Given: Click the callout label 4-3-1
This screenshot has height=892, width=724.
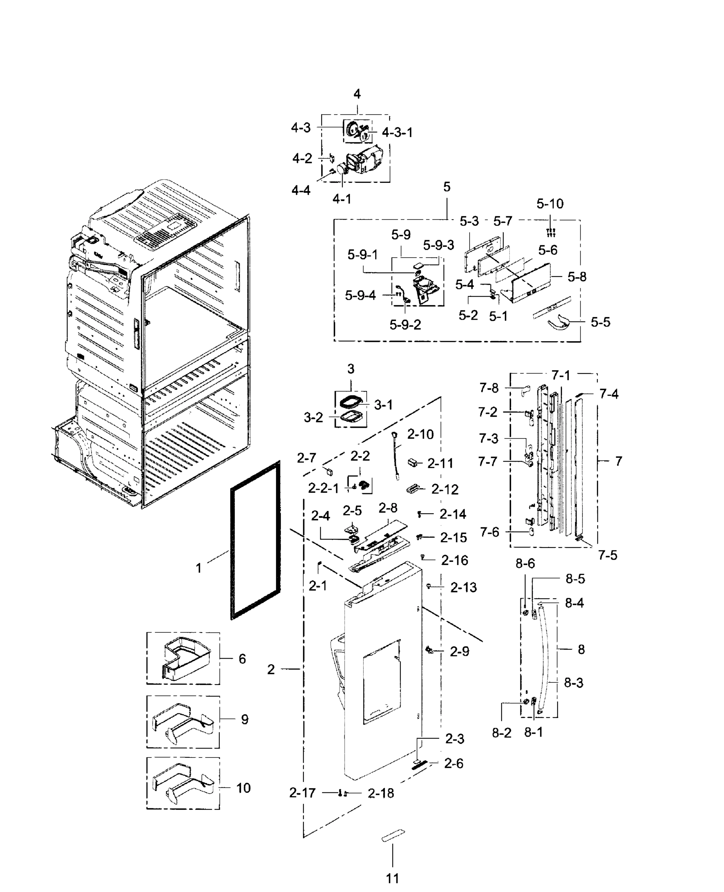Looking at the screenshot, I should [x=397, y=133].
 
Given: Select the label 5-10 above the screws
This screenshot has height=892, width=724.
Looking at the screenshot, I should [x=550, y=204].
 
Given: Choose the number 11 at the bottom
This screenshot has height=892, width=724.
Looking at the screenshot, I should [x=392, y=878].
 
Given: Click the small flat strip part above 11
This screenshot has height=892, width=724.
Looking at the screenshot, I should [x=393, y=836].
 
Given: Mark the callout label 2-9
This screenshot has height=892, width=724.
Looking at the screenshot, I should [x=459, y=651].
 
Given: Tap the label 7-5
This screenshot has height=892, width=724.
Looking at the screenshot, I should [x=607, y=555].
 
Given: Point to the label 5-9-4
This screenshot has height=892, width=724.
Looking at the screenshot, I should [x=360, y=295].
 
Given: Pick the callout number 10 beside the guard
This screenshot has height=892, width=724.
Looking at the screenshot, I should [x=243, y=788].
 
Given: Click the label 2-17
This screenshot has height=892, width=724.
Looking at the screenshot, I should [x=302, y=793].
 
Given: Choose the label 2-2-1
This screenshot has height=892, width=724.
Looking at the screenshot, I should [x=323, y=488].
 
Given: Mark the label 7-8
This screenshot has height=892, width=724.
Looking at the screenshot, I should [x=489, y=388].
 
